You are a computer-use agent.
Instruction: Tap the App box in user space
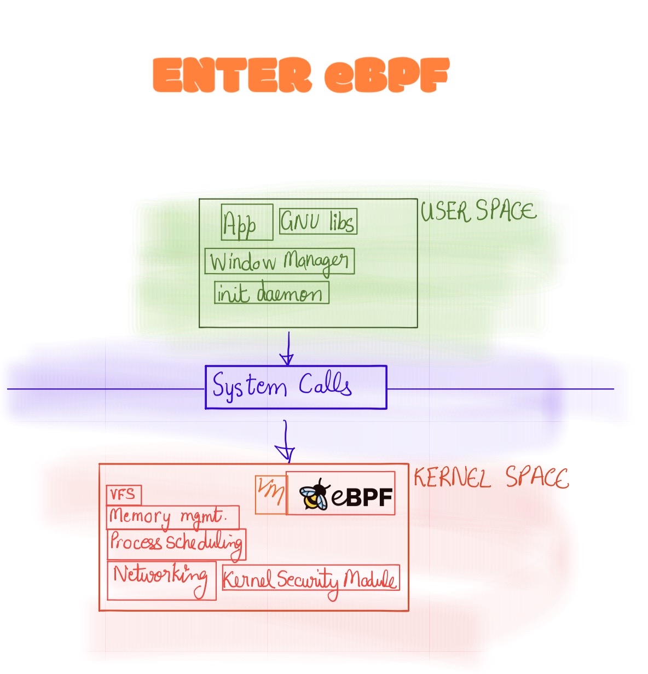point(247,222)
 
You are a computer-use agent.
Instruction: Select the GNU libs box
point(318,221)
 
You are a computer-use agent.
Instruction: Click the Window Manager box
point(279,262)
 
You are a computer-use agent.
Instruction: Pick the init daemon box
point(271,293)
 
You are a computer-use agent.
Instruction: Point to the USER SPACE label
point(478,211)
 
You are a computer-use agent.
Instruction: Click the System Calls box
point(296,387)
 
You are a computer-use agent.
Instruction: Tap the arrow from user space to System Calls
point(287,348)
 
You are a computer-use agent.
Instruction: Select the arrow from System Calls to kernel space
point(285,441)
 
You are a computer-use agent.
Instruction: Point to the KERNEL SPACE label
point(491,478)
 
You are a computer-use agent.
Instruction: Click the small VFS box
point(124,495)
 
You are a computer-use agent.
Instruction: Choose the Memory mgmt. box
point(172,517)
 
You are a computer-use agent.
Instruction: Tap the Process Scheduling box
point(176,544)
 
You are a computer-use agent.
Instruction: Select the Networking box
point(161,580)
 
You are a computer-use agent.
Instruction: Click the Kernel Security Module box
point(310,579)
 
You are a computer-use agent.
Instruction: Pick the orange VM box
point(271,494)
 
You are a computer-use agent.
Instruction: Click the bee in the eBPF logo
point(314,493)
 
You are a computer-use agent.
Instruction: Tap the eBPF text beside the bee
point(362,497)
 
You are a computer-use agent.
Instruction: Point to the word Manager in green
point(315,262)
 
